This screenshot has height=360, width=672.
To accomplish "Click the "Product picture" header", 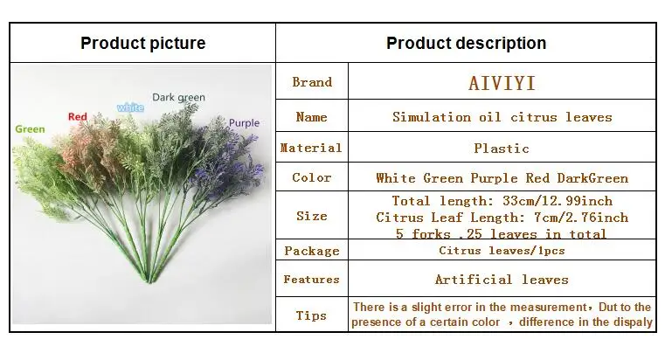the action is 143,43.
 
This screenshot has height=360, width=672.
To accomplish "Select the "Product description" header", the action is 467,43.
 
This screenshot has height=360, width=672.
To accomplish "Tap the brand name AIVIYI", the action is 502,83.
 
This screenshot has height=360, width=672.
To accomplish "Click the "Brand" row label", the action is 312,82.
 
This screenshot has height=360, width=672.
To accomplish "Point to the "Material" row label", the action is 311,148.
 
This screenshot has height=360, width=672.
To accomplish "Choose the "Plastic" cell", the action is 502,149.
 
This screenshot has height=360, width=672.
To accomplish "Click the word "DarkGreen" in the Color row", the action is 592,178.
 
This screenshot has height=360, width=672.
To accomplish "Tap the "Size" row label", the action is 312,216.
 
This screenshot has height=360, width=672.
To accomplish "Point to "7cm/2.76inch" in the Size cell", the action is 581,218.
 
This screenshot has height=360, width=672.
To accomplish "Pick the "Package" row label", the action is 312,251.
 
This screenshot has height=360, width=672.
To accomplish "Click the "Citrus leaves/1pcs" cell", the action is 502,250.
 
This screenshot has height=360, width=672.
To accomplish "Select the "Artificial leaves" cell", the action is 502,280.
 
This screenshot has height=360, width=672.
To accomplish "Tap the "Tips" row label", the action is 311,315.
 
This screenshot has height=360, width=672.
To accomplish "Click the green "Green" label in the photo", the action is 30,129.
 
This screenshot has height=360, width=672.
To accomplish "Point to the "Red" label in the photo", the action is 78,116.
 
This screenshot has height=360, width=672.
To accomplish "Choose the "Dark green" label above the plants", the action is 179,98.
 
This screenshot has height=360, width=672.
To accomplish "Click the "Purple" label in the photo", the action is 245,123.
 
